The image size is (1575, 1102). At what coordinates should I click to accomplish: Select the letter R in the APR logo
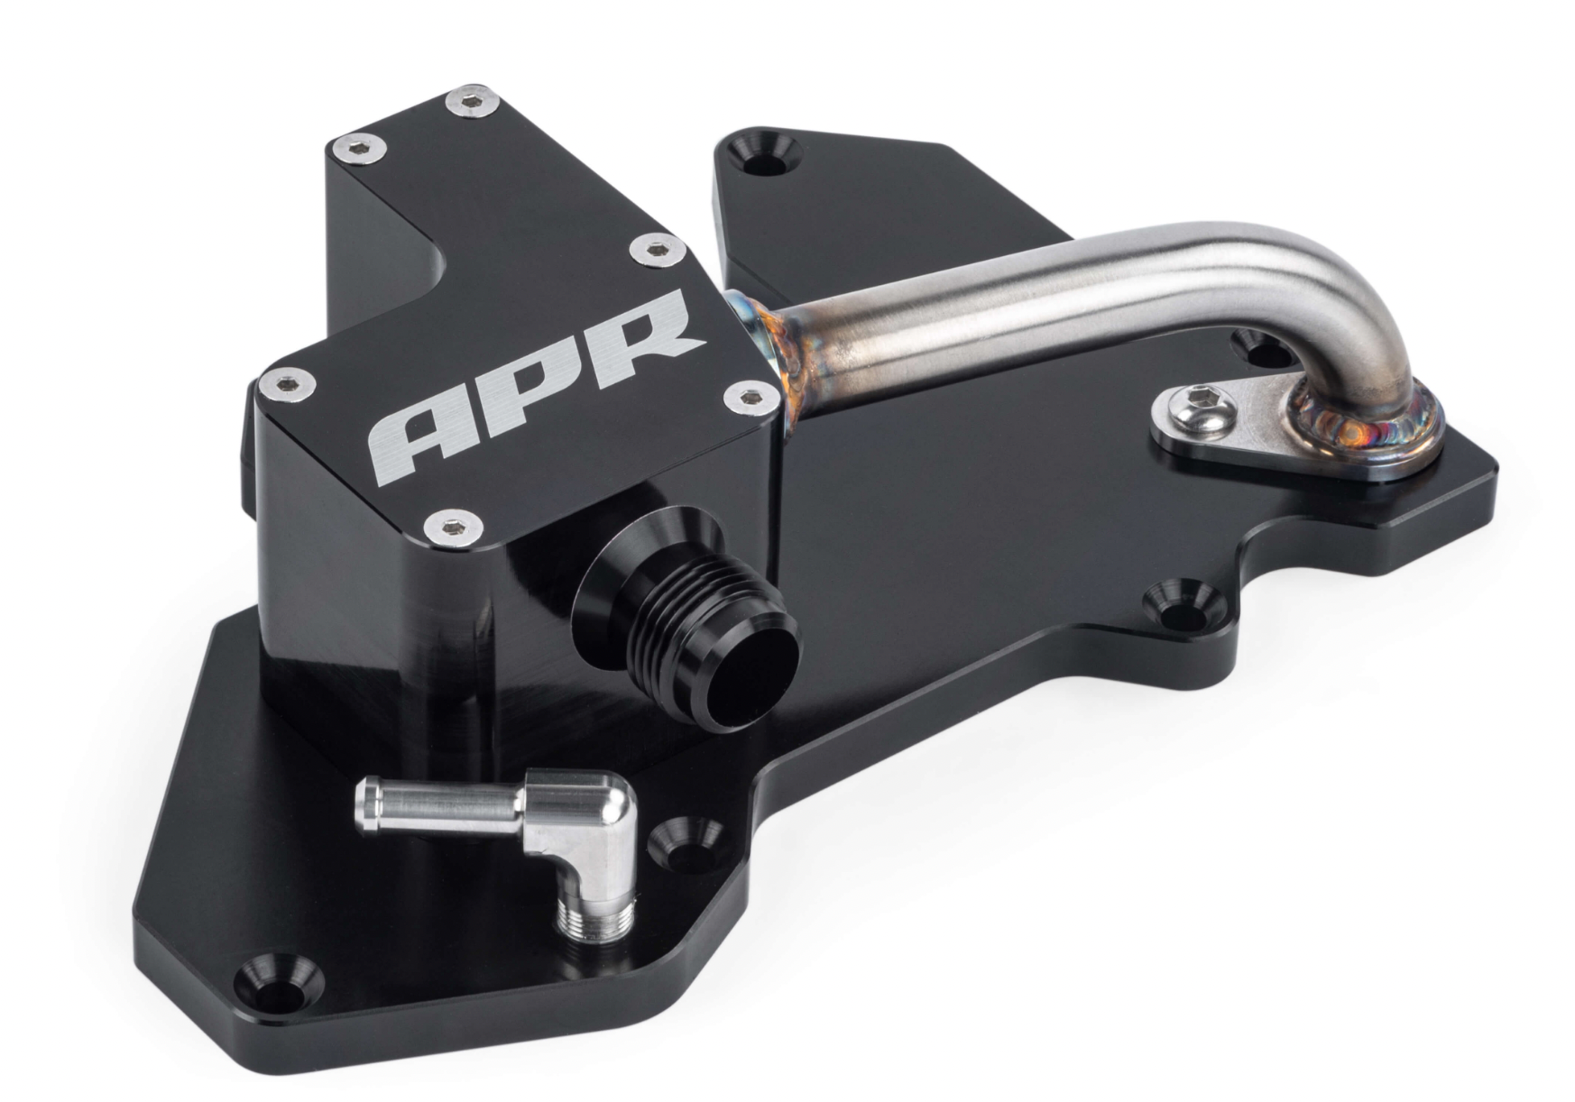click(640, 335)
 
